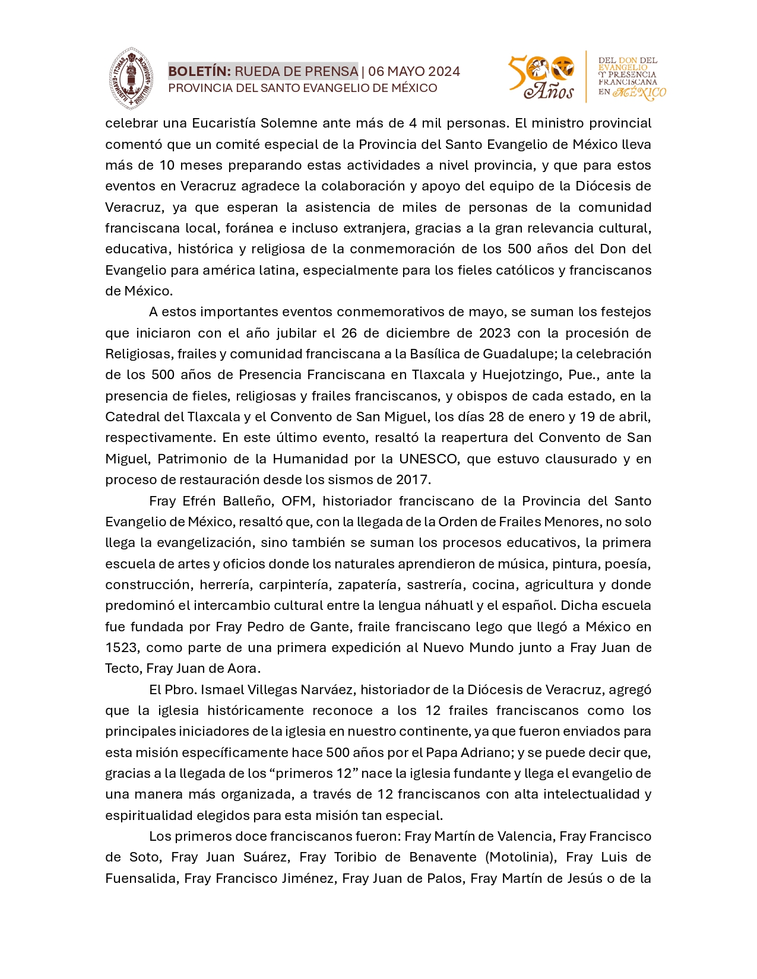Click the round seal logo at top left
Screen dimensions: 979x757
click(131, 78)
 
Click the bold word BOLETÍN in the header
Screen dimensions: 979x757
click(199, 72)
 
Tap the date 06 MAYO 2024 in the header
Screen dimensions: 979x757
click(414, 72)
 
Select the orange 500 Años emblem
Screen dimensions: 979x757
click(541, 77)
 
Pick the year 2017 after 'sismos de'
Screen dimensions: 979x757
click(413, 479)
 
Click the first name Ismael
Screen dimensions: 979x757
click(219, 689)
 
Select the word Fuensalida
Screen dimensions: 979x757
click(140, 878)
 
